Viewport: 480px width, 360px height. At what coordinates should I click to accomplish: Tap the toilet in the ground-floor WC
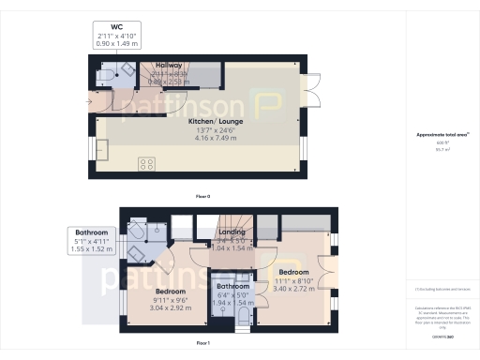point(105,74)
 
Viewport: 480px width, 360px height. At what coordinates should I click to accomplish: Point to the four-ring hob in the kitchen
point(147,164)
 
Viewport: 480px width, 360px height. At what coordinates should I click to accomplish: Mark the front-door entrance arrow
point(90,99)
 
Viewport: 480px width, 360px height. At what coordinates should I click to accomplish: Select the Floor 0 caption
point(202,196)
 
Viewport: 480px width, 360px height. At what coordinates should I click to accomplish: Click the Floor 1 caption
point(202,344)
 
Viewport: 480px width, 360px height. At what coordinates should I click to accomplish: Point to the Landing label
point(232,232)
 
